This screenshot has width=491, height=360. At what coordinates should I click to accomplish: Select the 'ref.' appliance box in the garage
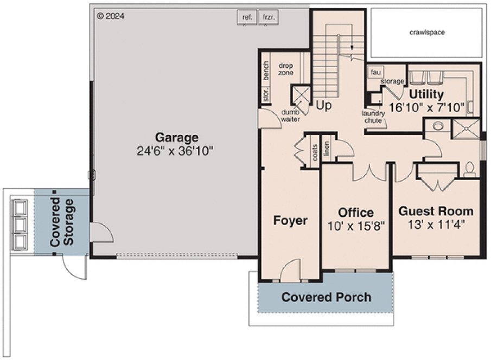pos(247,17)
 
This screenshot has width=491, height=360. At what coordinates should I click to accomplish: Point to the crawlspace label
pos(427,33)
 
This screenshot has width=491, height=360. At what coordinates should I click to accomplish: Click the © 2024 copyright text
pos(111,16)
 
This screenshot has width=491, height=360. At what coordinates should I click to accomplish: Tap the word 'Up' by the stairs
pos(323,106)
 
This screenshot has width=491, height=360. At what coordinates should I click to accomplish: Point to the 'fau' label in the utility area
pos(374,73)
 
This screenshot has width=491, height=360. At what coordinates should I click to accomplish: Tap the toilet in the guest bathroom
pos(470,169)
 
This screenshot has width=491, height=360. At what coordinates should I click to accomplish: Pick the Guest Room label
pos(436,211)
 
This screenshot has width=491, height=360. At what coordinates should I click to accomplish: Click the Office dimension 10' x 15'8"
pos(356,226)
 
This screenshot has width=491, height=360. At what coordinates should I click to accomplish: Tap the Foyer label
pos(290,221)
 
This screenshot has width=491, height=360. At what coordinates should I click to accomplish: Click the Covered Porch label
pos(326,297)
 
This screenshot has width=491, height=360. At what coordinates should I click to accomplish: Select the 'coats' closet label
pos(315,153)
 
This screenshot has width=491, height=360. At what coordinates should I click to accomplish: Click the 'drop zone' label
pos(286,69)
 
